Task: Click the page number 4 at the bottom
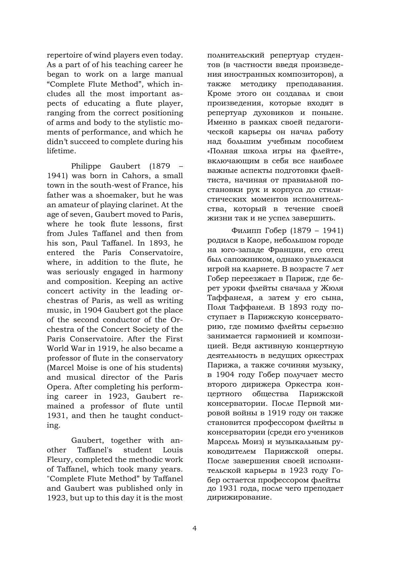(194, 528)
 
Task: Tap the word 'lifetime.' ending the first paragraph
(61, 151)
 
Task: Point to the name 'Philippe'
(88, 166)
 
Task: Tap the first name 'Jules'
(78, 233)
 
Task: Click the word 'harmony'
(166, 272)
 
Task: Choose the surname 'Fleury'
(57, 460)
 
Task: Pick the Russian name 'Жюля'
(332, 288)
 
